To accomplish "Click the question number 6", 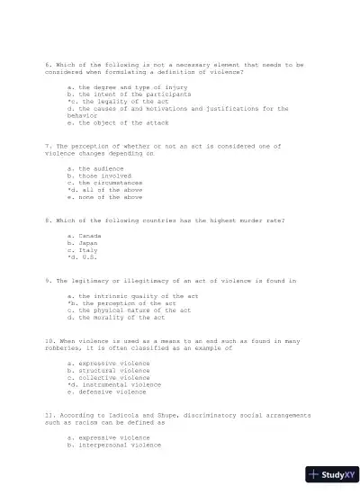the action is (47, 65).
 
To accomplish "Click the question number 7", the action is (47, 145).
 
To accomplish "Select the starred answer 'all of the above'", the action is (108, 190).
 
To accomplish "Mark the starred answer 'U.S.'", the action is (84, 257).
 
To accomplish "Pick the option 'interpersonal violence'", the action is (120, 445).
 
